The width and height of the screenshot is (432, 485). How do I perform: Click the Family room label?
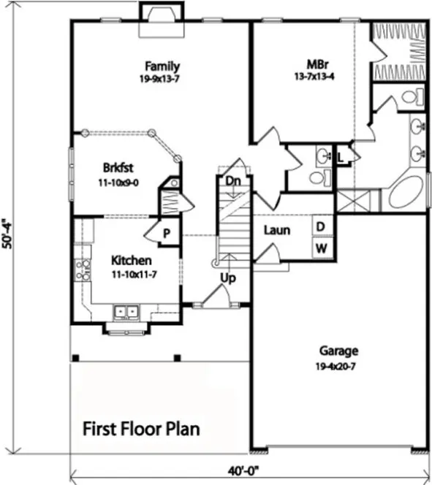162,66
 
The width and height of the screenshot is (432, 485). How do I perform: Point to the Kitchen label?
131,261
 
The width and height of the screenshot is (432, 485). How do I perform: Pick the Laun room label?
276,231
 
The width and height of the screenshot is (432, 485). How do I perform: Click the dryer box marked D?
320,226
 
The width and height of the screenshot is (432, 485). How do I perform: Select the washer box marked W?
320,248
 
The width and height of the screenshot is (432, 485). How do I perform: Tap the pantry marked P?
167,234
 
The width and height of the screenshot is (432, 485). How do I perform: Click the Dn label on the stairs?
233,180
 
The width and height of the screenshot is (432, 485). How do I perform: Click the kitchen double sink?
125,314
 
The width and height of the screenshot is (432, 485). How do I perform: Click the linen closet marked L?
341,156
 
